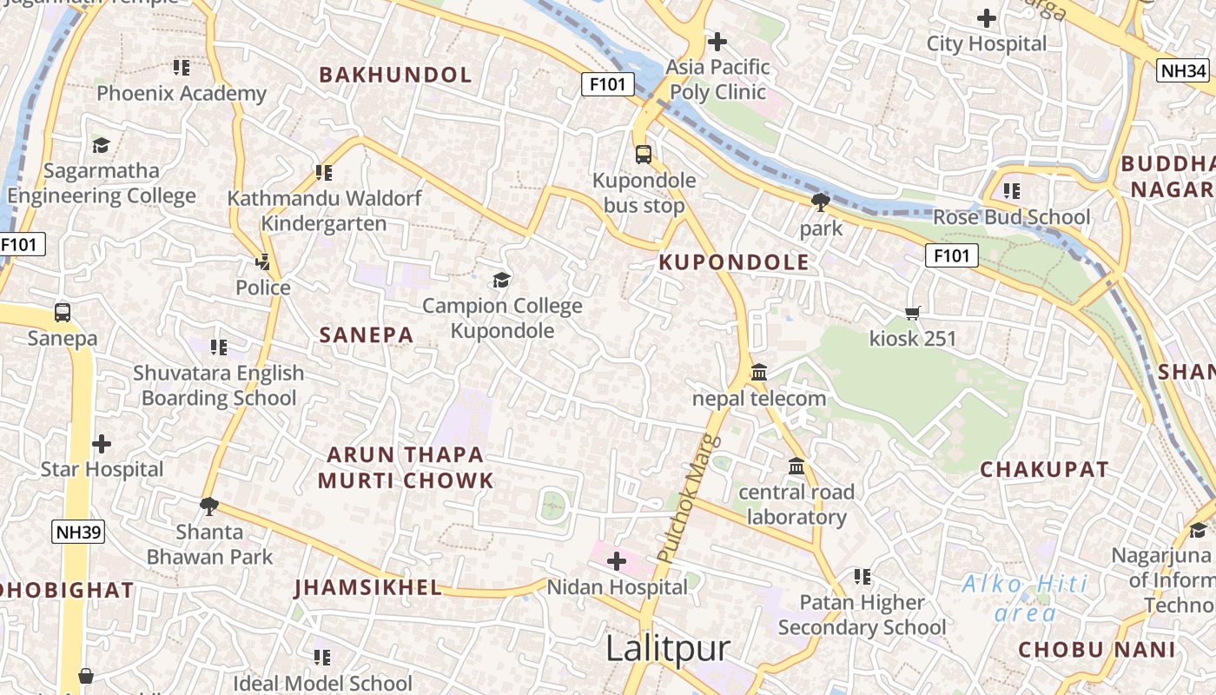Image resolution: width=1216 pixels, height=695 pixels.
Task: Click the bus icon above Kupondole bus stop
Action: tap(643, 155)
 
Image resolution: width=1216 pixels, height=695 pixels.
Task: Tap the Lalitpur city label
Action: tap(667, 649)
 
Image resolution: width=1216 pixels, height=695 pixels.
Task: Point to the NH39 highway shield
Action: tap(77, 532)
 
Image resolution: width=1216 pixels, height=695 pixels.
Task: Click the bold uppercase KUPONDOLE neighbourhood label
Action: tap(734, 262)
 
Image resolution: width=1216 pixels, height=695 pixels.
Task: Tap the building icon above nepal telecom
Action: tap(759, 373)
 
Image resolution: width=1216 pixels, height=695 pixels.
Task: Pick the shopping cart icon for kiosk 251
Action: tap(912, 313)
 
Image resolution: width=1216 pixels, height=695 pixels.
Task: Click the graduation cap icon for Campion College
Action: tap(501, 280)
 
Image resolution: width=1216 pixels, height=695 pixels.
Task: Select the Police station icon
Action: tap(263, 261)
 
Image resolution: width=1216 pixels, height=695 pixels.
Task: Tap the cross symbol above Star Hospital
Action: tap(102, 444)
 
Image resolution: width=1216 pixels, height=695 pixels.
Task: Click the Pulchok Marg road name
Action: tap(679, 498)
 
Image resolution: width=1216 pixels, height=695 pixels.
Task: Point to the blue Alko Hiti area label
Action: tap(1025, 599)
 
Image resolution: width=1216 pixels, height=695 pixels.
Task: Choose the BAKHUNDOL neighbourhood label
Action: tap(395, 75)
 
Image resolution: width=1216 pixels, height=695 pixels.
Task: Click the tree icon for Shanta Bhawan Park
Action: tap(208, 506)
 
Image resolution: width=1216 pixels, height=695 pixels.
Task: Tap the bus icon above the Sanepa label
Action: tap(63, 313)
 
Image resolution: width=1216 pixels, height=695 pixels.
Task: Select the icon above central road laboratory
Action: tap(796, 467)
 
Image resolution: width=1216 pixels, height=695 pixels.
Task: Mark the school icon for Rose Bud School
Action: tap(1011, 190)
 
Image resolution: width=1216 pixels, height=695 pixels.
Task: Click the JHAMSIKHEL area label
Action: tap(368, 588)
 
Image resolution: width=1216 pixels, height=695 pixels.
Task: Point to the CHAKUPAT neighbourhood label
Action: tap(1044, 469)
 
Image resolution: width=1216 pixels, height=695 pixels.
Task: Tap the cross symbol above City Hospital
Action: tap(987, 18)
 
